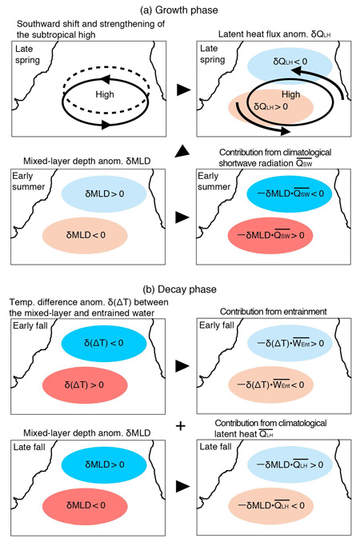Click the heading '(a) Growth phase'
click(x=178, y=10)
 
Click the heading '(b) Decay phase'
click(x=179, y=289)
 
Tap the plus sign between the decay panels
click(x=180, y=426)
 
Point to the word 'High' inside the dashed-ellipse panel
click(x=105, y=94)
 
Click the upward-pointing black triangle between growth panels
click(x=182, y=151)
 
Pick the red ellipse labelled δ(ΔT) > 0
click(x=85, y=385)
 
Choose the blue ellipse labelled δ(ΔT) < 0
click(x=104, y=343)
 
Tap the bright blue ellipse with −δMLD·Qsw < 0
click(x=290, y=194)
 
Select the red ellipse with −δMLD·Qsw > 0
click(x=270, y=235)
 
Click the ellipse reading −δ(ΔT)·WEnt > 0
click(x=290, y=343)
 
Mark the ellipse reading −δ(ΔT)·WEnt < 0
click(x=270, y=385)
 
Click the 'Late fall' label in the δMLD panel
click(x=29, y=448)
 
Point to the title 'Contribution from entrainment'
click(x=273, y=312)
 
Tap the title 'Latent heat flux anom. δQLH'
click(x=274, y=34)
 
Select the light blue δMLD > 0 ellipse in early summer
click(x=104, y=194)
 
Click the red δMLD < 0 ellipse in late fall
click(x=85, y=506)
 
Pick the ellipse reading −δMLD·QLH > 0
click(x=290, y=464)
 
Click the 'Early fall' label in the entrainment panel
click(x=217, y=325)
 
